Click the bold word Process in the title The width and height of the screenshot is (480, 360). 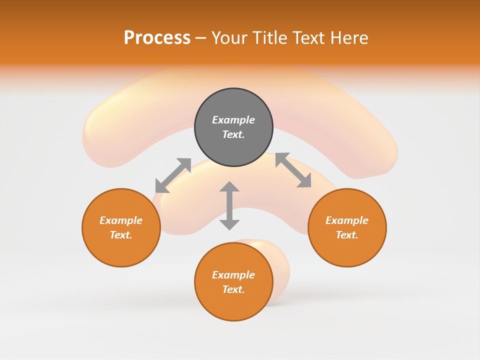(157, 38)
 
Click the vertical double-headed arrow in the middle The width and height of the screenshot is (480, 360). (229, 205)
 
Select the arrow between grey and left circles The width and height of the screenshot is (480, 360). (173, 175)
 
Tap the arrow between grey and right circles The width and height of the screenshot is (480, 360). (293, 170)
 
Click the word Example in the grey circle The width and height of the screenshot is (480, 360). (233, 120)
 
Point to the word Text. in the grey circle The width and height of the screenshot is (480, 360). (233, 134)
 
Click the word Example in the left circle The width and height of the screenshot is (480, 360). (121, 220)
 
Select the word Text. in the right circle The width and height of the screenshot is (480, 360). (347, 235)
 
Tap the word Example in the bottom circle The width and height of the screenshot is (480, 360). (233, 275)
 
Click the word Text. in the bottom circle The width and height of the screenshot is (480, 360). (233, 289)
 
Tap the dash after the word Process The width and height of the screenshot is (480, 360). (201, 38)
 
